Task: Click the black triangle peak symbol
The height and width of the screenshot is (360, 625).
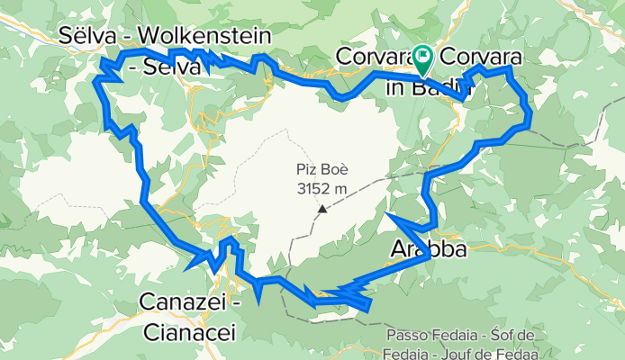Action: point(322,209)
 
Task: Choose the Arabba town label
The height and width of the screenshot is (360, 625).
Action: point(429,249)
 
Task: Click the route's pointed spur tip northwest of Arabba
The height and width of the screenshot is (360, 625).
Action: point(386,213)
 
